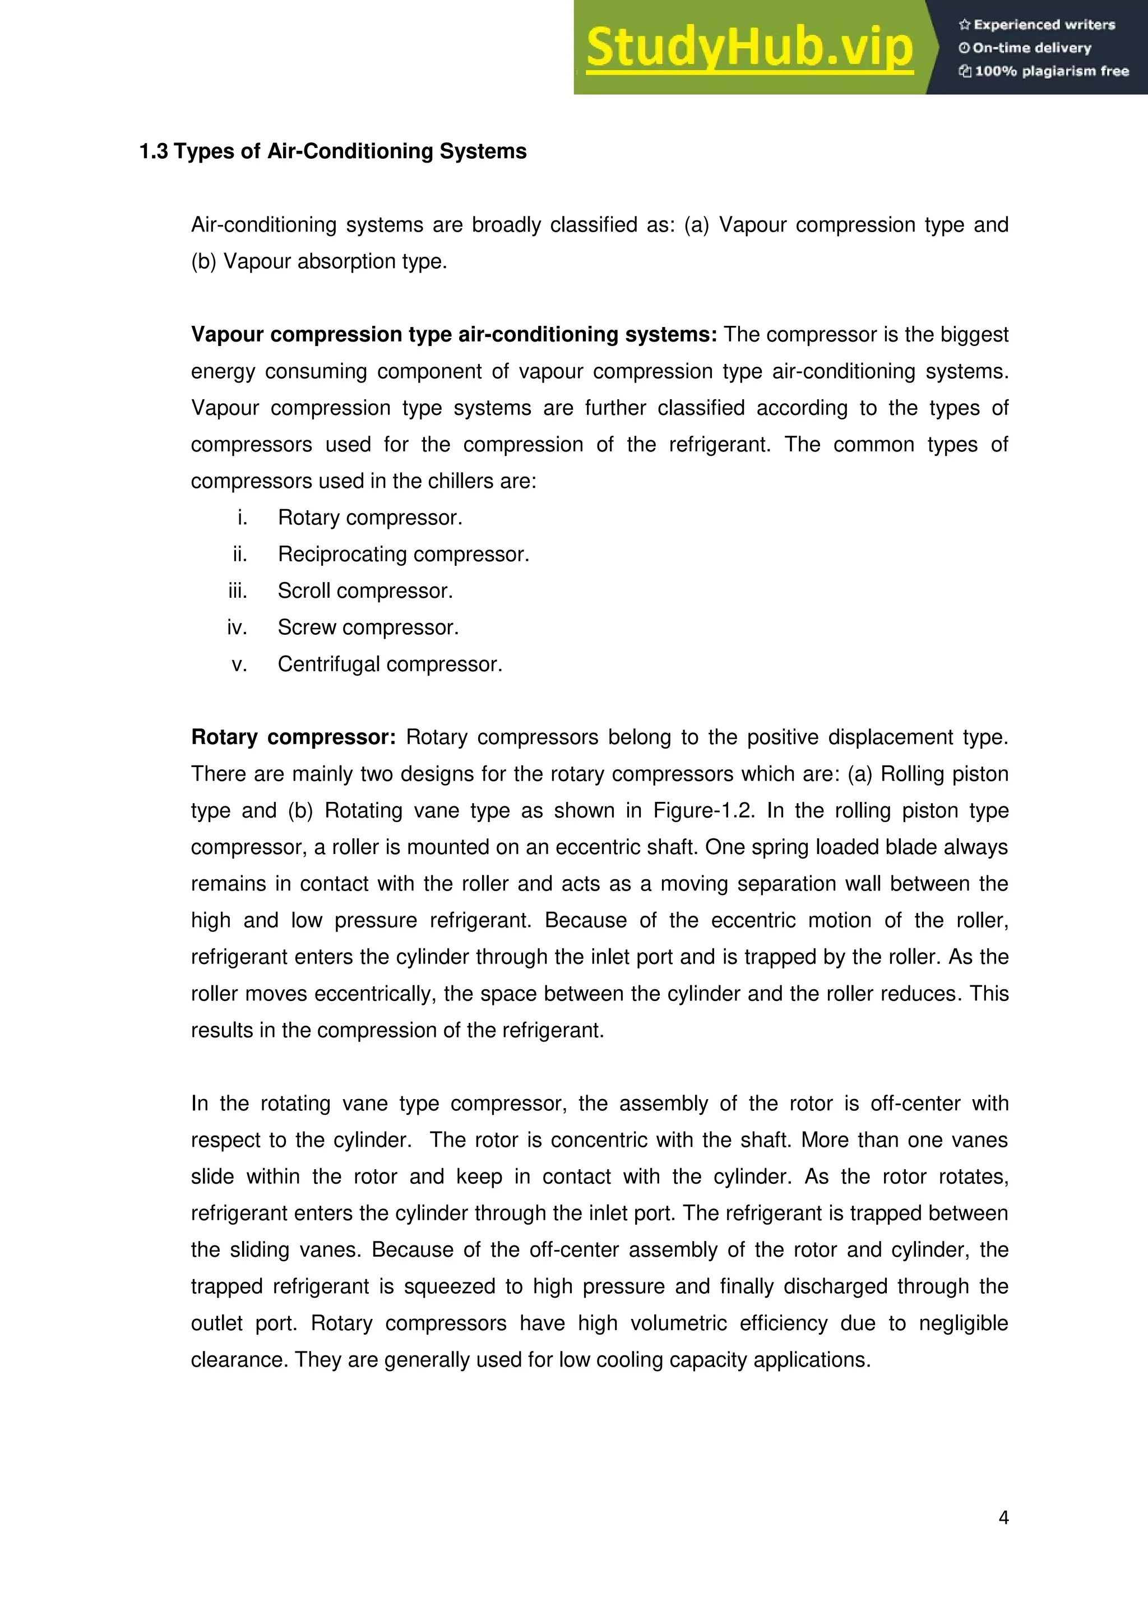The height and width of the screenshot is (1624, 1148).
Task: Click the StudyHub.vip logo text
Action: (x=749, y=48)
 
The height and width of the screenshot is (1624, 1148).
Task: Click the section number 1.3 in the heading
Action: (x=154, y=151)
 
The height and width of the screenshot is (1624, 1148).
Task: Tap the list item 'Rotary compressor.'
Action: (x=370, y=518)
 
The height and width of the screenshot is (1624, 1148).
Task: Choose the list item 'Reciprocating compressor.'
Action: (x=403, y=555)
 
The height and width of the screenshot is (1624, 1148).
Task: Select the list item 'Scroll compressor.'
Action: (x=365, y=591)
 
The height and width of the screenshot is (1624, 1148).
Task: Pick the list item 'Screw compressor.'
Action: (x=368, y=628)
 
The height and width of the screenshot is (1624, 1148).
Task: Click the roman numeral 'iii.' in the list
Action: (x=238, y=591)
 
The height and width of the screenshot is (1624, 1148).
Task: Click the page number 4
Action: (x=1003, y=1517)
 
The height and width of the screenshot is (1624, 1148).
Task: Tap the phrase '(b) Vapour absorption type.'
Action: (x=319, y=262)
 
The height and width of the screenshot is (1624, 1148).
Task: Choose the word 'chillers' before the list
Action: (x=459, y=481)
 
